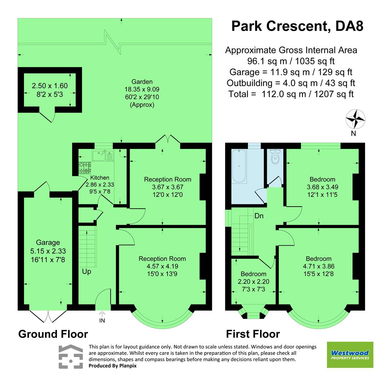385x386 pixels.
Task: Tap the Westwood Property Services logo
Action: tap(350, 355)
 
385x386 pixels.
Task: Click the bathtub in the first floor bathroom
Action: tap(239, 167)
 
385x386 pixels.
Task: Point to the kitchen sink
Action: tap(103, 155)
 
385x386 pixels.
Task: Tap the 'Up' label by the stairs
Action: tap(86, 272)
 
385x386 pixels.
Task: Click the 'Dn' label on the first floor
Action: tap(259, 216)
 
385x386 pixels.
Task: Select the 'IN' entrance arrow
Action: tap(102, 316)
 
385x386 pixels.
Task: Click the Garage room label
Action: tap(47, 242)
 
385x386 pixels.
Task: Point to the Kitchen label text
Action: tap(100, 178)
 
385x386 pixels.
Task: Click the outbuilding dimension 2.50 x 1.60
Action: tap(50, 86)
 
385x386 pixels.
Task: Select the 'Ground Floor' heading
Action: tap(53, 334)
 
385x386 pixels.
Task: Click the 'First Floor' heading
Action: tap(253, 334)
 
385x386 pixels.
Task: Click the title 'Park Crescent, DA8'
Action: tap(297, 26)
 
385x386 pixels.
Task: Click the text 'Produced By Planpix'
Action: tap(112, 366)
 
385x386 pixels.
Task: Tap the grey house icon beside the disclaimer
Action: tap(71, 356)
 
